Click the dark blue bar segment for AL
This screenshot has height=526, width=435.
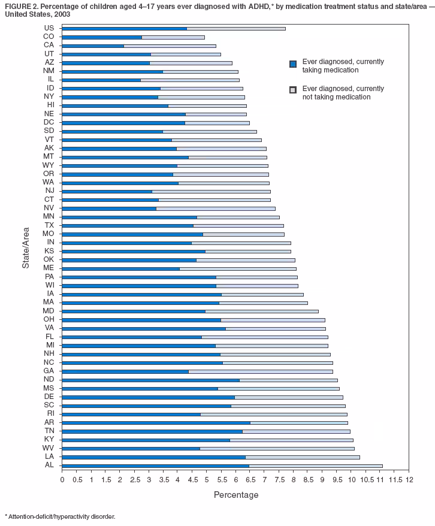tap(155, 465)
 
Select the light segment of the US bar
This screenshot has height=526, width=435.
tap(236, 28)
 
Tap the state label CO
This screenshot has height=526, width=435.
tap(49, 37)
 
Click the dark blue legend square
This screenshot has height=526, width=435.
tap(293, 65)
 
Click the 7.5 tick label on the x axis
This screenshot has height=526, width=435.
tap(279, 480)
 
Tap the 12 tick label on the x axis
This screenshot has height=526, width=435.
tap(409, 480)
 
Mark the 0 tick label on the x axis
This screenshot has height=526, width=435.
tap(62, 480)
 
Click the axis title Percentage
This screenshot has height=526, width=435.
tap(236, 495)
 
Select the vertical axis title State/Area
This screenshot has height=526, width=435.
tap(26, 246)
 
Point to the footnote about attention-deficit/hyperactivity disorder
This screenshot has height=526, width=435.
tap(60, 516)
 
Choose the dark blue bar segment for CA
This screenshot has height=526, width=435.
tap(93, 46)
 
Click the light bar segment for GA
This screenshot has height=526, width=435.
tap(261, 371)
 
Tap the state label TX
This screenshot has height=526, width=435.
tap(49, 225)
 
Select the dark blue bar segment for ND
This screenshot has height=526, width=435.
tap(150, 380)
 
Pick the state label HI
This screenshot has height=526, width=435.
tap(50, 105)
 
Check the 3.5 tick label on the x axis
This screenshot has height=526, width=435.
tap(163, 480)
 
